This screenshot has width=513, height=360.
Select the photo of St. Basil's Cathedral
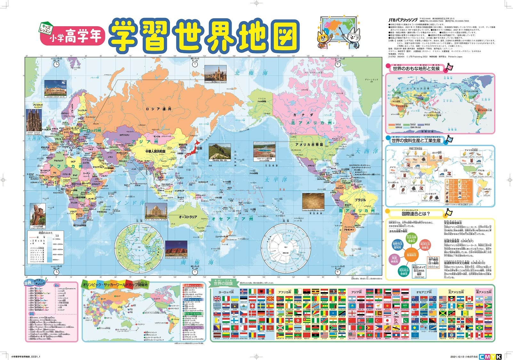point(215,74)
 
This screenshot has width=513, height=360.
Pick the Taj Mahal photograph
point(156,211)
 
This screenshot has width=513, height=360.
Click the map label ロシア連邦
point(158,109)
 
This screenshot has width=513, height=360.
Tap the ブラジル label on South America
point(360,200)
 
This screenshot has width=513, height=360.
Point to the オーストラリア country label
point(188,217)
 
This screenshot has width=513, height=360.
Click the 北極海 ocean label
point(251,73)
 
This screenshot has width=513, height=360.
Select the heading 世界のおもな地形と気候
point(416,69)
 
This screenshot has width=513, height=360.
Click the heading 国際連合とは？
point(416,214)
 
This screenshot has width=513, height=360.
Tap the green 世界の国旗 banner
point(223,283)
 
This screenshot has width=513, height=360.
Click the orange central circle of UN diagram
point(411,255)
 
